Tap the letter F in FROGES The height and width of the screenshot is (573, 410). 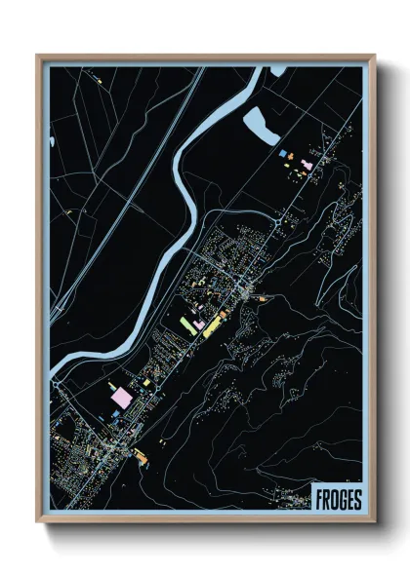click(319, 499)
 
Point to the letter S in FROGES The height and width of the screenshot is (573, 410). click(356, 499)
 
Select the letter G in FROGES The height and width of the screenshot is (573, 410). click(342, 499)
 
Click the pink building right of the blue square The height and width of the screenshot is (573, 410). click(307, 165)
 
